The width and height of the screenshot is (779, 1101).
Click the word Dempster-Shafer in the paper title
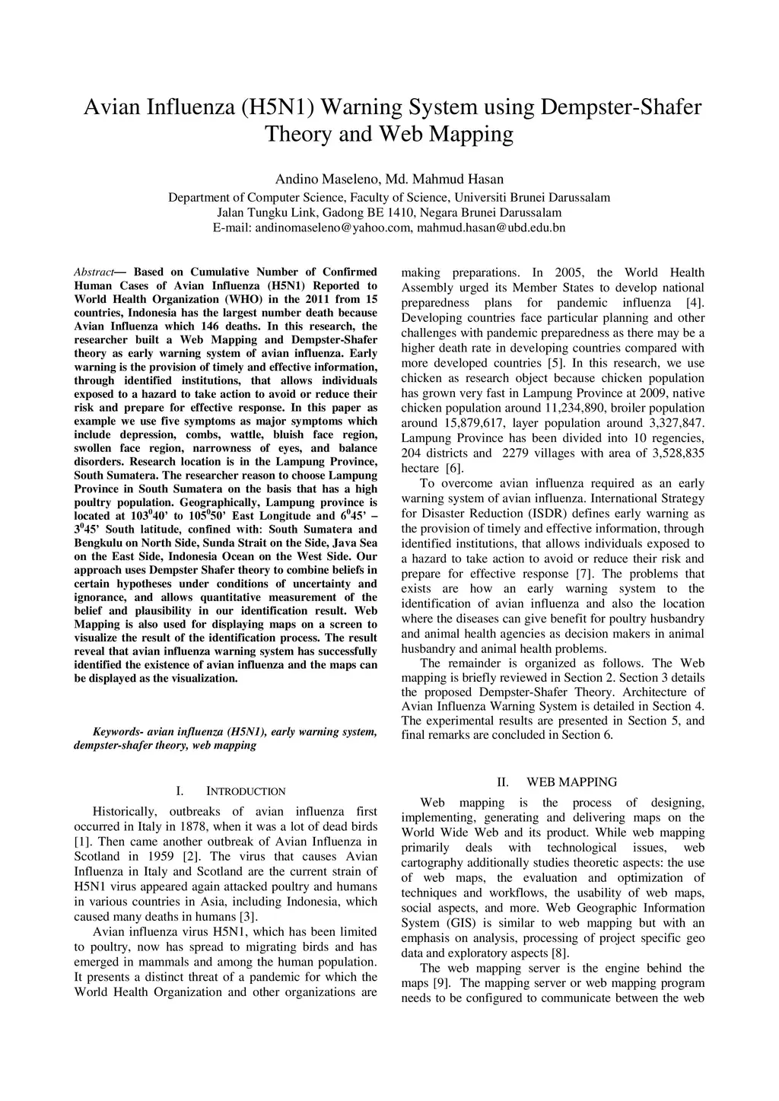[620, 107]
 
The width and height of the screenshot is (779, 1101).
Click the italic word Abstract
[94, 272]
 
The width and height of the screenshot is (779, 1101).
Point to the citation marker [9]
[441, 983]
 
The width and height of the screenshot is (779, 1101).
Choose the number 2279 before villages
[517, 453]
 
